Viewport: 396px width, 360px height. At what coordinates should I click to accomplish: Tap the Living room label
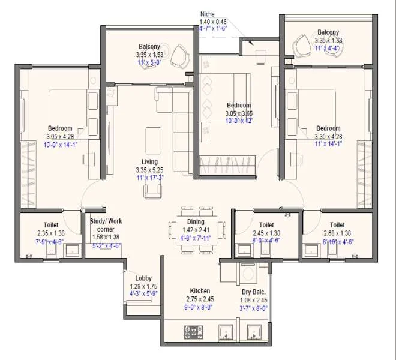pyautogui.click(x=149, y=162)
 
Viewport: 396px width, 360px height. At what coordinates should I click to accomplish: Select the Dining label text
pyautogui.click(x=196, y=221)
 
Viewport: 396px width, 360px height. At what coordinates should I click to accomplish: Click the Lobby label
pyautogui.click(x=143, y=278)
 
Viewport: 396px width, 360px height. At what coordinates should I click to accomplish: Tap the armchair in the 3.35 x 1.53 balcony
pyautogui.click(x=179, y=56)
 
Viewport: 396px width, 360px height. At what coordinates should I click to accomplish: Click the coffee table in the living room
pyautogui.click(x=153, y=140)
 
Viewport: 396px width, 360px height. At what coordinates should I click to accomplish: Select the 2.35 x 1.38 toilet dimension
pyautogui.click(x=50, y=233)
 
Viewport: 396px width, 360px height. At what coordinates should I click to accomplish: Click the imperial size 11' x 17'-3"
pyautogui.click(x=149, y=178)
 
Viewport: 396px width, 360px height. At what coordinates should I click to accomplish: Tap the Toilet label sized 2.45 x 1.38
pyautogui.click(x=267, y=225)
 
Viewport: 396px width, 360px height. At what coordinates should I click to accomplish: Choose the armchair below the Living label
pyautogui.click(x=152, y=191)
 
